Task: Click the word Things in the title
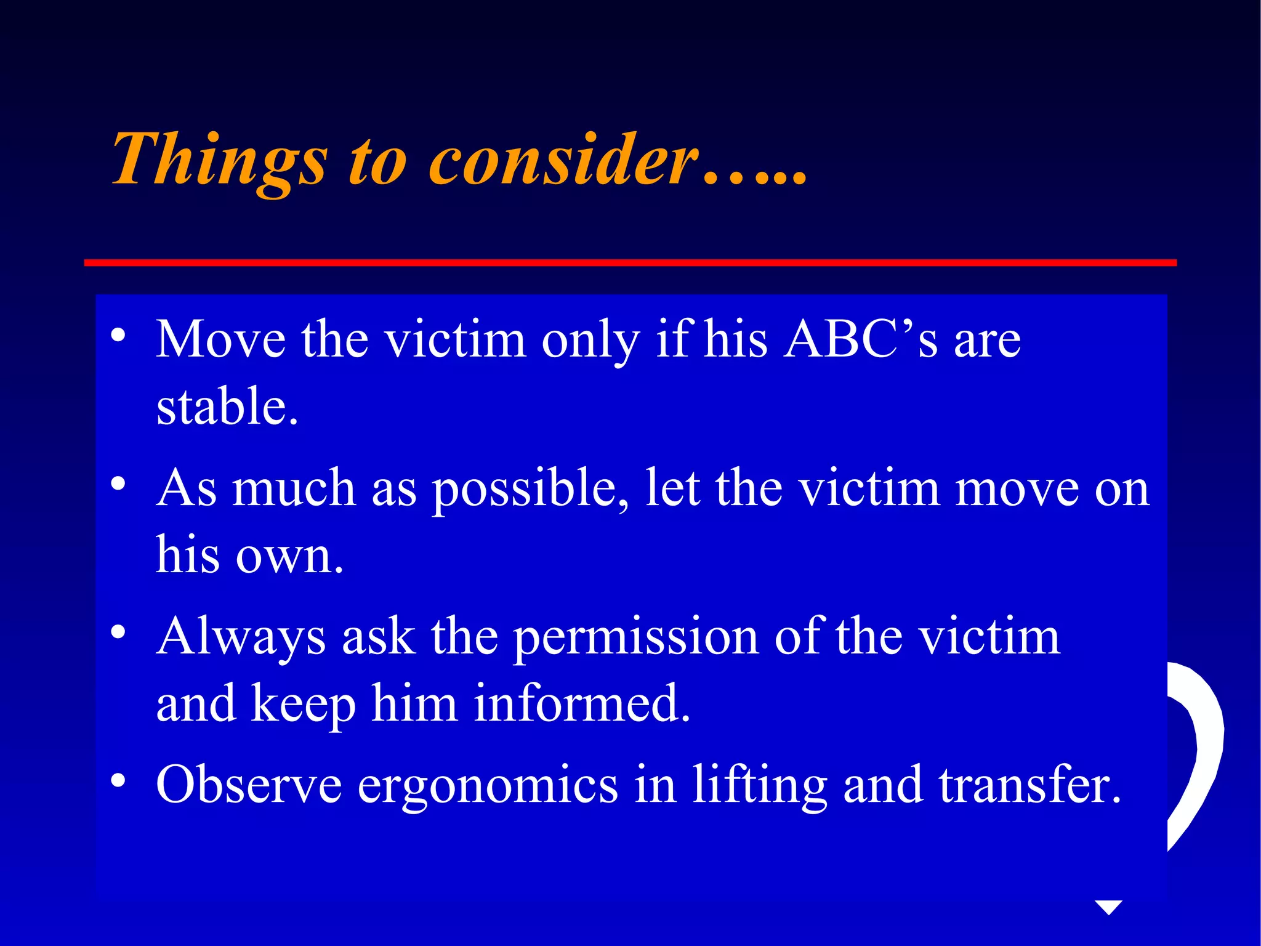point(219,160)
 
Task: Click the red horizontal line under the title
point(630,263)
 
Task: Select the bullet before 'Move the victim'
point(118,336)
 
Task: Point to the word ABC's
point(861,339)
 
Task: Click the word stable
point(227,406)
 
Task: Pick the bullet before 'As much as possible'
point(118,484)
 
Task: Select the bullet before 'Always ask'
point(118,633)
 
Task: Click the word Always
point(241,637)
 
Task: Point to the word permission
point(636,637)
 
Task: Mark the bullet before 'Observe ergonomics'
point(118,781)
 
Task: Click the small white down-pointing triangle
point(1109,907)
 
